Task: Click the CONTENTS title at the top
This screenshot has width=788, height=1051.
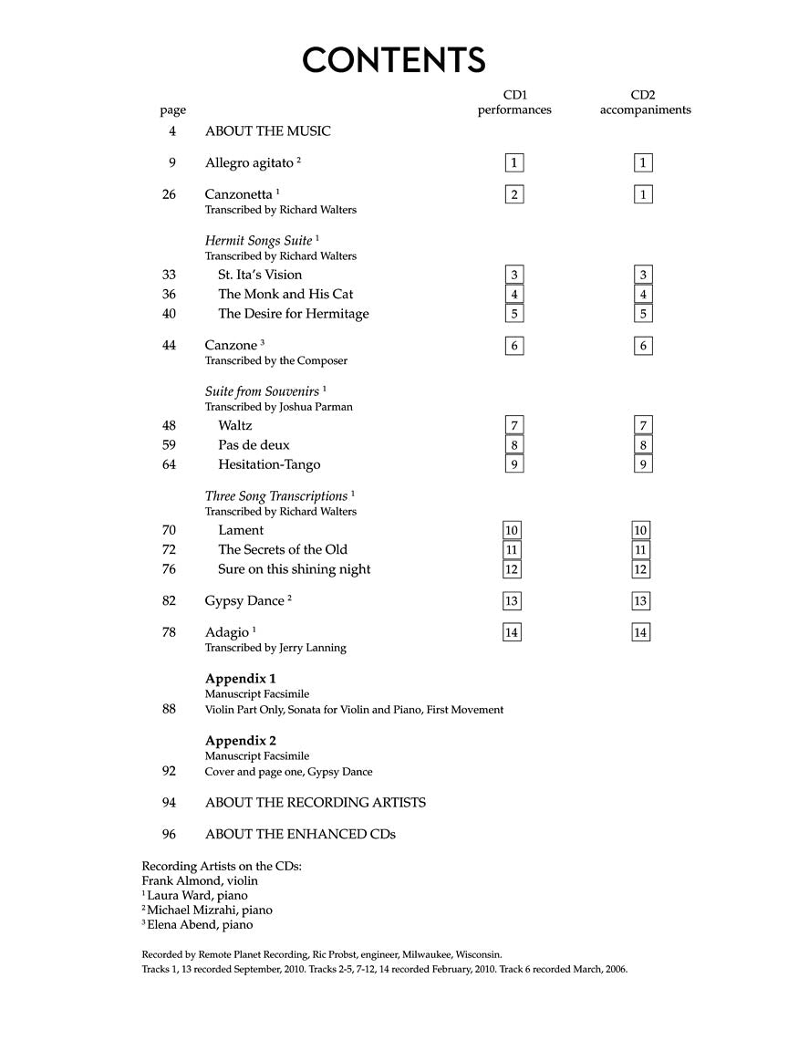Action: pos(394,60)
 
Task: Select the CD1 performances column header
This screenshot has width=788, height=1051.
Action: pos(515,102)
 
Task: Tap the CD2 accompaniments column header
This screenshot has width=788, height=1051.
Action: pos(644,102)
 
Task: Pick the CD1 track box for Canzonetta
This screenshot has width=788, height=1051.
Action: pos(514,194)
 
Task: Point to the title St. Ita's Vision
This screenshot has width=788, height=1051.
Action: pos(260,275)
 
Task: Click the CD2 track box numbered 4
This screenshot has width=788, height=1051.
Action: pos(643,295)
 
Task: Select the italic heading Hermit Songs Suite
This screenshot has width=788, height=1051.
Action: pos(258,241)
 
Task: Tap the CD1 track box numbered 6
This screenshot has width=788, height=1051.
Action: pos(514,346)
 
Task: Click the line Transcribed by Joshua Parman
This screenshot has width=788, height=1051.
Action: pos(278,407)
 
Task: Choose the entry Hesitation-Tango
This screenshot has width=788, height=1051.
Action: pos(269,464)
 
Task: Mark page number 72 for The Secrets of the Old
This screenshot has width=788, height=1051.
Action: pos(169,549)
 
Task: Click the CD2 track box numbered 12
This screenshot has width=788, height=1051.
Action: pos(640,569)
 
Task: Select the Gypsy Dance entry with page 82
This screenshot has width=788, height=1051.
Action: pos(244,601)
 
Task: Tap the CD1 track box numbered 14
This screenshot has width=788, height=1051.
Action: pos(512,632)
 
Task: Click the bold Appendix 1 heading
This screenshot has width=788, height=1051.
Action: pos(240,679)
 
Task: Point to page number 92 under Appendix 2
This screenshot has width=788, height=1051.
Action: pos(169,771)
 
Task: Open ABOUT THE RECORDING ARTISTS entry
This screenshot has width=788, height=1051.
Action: pos(315,803)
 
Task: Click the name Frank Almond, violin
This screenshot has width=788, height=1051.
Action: pos(200,880)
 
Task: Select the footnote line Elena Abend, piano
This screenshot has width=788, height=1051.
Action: pos(200,924)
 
